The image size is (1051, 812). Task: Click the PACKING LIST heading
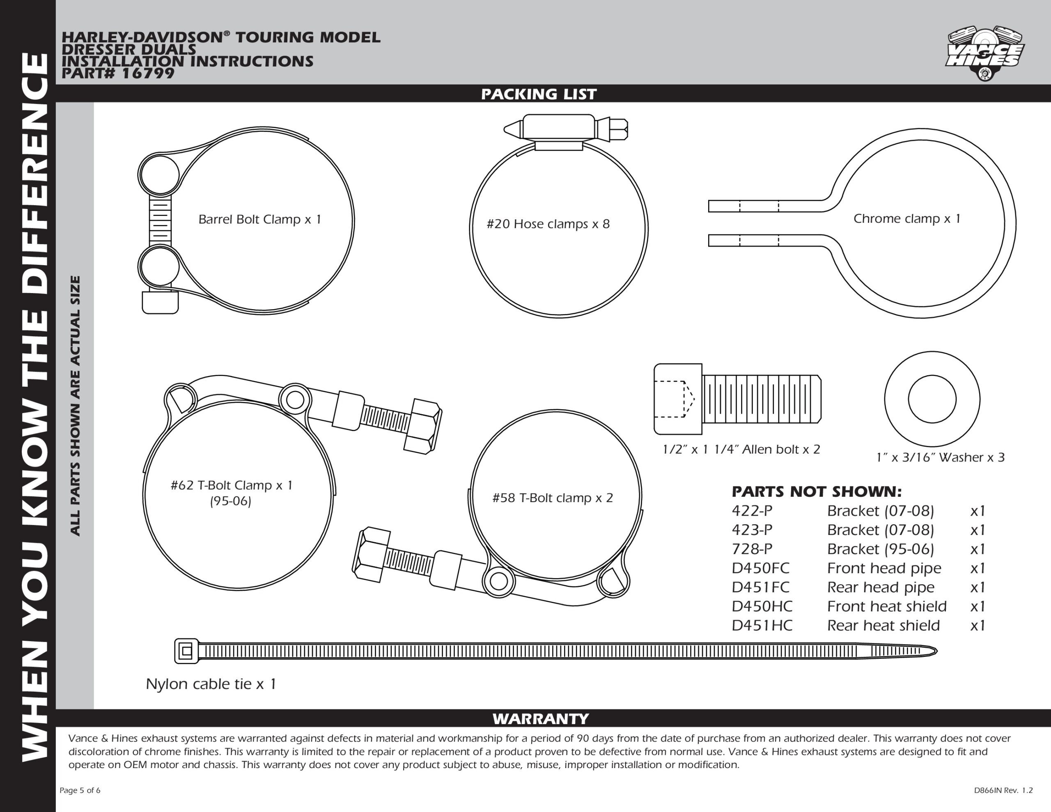point(539,94)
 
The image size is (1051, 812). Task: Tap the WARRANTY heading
point(540,719)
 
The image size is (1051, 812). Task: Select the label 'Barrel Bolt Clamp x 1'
point(259,220)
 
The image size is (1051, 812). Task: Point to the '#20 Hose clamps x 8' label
point(548,224)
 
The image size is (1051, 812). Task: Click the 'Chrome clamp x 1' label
point(906,218)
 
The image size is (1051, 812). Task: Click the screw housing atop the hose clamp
point(558,127)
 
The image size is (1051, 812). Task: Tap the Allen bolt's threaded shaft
point(761,399)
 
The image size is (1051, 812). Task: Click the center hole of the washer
point(932,399)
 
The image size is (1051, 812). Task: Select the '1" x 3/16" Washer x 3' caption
point(940,457)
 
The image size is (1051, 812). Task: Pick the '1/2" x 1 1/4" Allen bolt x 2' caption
point(741,450)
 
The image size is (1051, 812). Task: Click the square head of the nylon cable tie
point(186,651)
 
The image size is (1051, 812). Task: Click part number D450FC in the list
point(760,568)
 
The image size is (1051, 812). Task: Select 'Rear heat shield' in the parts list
point(883,625)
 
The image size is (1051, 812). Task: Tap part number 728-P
point(752,549)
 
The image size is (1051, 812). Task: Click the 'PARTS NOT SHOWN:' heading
point(817,491)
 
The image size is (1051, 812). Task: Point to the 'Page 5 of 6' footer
point(80,790)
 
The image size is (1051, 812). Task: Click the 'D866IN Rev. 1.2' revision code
point(1003,790)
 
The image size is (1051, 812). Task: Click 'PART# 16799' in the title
point(118,73)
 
